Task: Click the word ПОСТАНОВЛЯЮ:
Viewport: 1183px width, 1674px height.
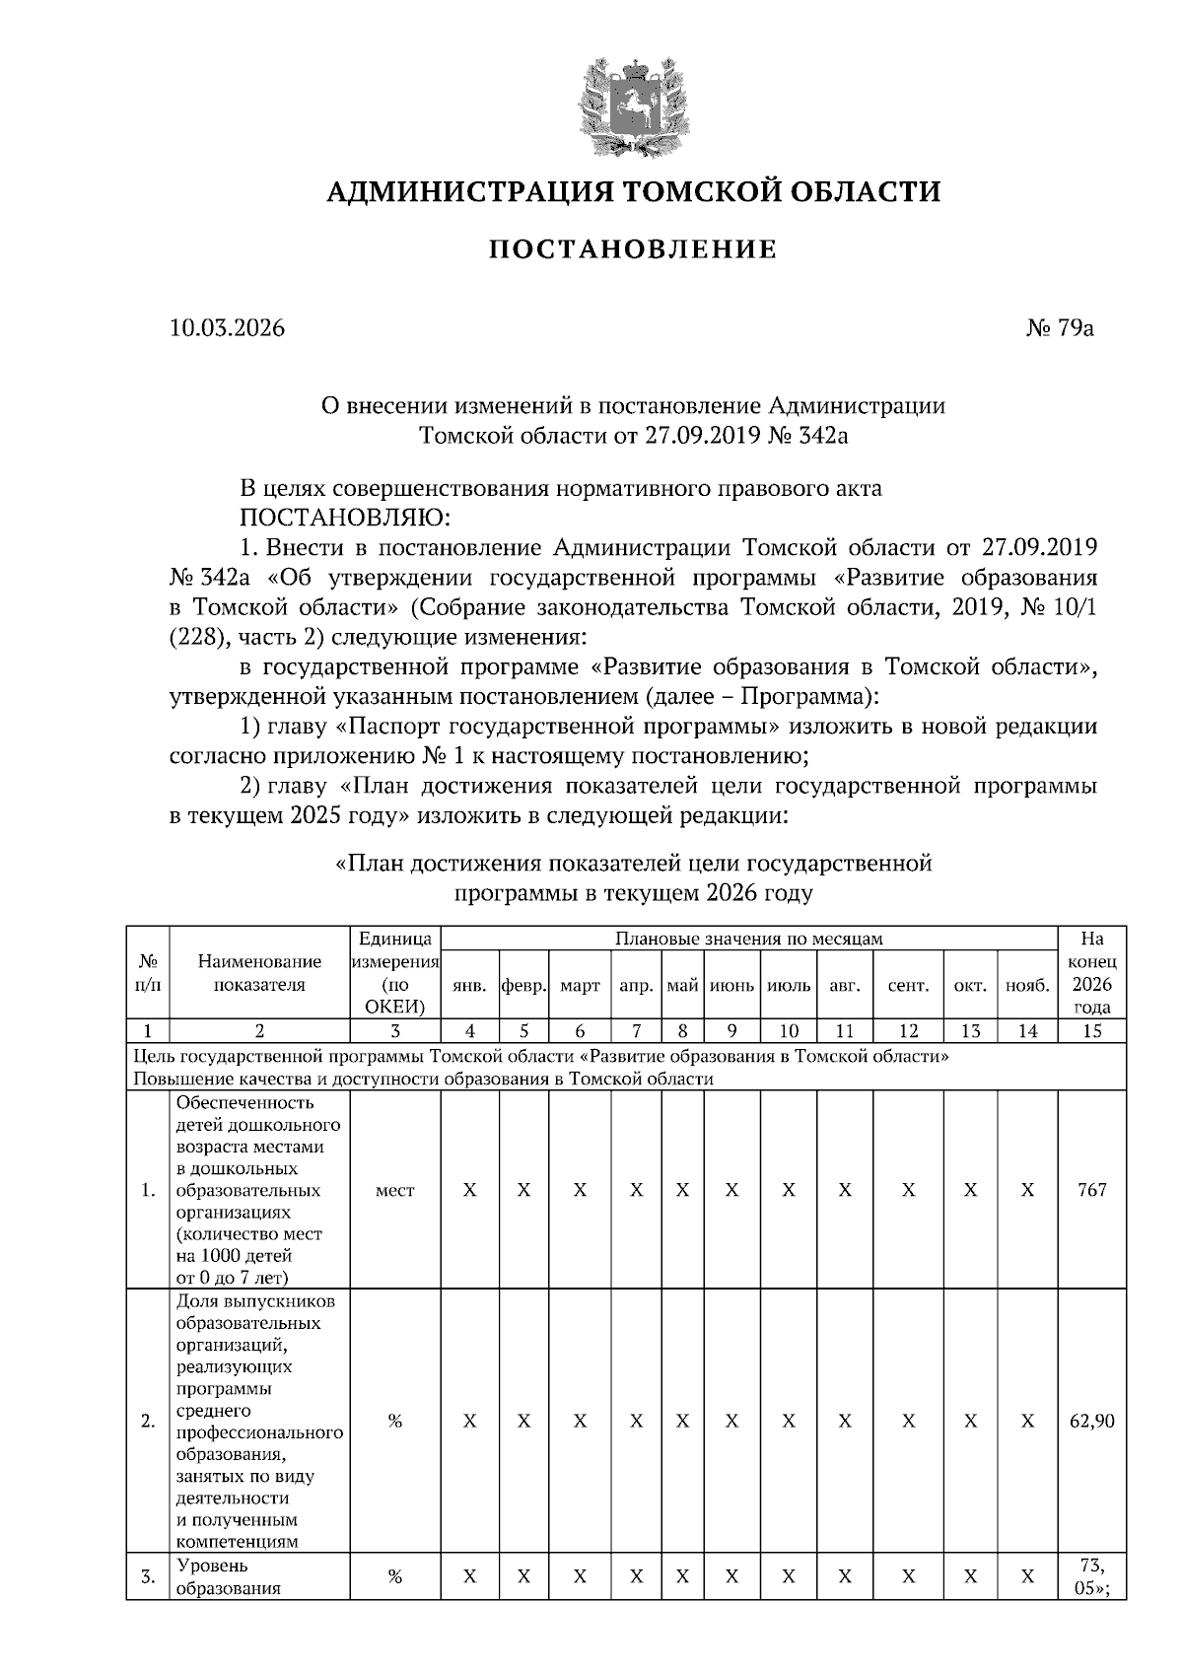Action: click(x=343, y=518)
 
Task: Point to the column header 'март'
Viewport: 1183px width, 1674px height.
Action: click(x=580, y=985)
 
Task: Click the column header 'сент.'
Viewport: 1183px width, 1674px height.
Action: click(x=908, y=985)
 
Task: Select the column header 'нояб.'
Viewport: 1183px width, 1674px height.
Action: click(x=1027, y=985)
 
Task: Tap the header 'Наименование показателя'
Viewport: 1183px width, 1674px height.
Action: click(x=259, y=973)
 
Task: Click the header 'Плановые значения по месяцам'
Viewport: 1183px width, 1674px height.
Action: click(x=748, y=938)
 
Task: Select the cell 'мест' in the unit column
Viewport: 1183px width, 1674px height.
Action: click(x=394, y=1190)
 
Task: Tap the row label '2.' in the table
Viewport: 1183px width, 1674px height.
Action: click(x=148, y=1421)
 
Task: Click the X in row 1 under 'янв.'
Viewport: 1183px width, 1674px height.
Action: click(x=470, y=1190)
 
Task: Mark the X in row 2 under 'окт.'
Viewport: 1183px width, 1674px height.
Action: click(x=970, y=1421)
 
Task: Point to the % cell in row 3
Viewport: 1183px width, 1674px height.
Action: click(x=394, y=1576)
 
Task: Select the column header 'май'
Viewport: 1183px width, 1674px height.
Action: click(x=682, y=985)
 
